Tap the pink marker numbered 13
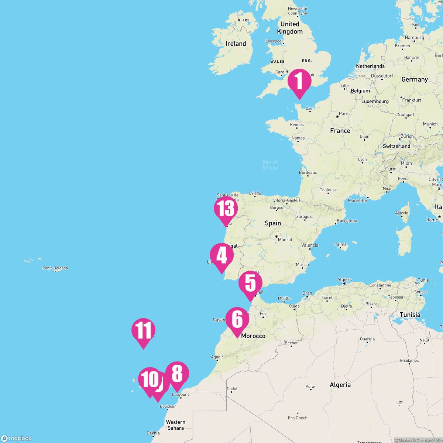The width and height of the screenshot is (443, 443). click(x=226, y=209)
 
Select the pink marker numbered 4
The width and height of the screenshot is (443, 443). click(x=221, y=255)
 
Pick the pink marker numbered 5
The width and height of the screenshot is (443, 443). click(x=250, y=283)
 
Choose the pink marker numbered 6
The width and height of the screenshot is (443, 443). click(x=237, y=319)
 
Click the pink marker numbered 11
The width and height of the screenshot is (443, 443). click(x=143, y=330)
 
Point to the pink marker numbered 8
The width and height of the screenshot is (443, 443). click(x=177, y=374)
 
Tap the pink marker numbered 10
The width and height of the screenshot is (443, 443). click(x=149, y=380)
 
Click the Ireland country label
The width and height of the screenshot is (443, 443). click(x=236, y=44)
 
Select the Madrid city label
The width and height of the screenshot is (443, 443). click(x=285, y=239)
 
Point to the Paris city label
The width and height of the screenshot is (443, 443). click(x=344, y=114)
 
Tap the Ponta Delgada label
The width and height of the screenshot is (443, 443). click(x=55, y=268)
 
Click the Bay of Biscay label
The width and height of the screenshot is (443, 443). click(x=270, y=165)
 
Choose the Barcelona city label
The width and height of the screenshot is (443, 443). click(x=347, y=221)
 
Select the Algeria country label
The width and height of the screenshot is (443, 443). click(x=340, y=385)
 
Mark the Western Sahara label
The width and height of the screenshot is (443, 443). click(x=175, y=425)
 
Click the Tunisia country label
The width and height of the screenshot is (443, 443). click(x=410, y=315)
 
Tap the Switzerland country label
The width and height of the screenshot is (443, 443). click(x=396, y=146)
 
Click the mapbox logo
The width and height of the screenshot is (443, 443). click(x=16, y=438)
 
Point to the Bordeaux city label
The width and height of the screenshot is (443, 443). click(x=308, y=172)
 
